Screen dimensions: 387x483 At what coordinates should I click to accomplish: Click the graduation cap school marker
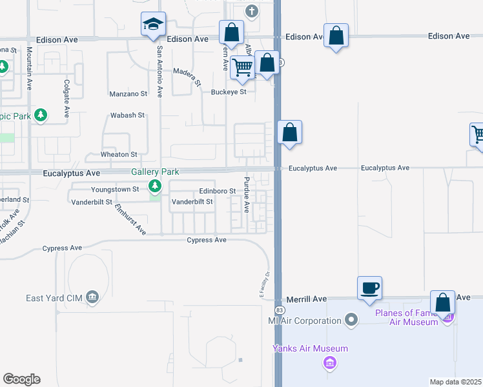[x=154, y=25]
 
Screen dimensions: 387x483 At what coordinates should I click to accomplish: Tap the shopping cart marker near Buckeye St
[x=243, y=67]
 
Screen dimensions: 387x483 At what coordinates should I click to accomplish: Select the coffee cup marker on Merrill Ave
[x=370, y=288]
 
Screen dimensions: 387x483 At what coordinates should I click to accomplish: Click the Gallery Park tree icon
[x=155, y=186]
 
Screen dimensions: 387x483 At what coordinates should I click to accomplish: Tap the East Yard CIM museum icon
[x=92, y=297]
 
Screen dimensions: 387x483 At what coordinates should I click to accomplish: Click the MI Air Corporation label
[x=305, y=321]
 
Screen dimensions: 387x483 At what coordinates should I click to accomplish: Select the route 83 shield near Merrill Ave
[x=276, y=310]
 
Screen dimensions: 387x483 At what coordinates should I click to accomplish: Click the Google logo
[x=21, y=379]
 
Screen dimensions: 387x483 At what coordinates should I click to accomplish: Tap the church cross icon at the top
[x=252, y=11]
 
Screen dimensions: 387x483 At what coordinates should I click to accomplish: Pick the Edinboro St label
[x=217, y=191]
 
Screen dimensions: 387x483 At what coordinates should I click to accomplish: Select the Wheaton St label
[x=119, y=155]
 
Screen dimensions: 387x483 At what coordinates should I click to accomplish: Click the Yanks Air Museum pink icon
[x=329, y=363]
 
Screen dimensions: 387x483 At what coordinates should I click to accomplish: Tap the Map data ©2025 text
[x=455, y=382]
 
